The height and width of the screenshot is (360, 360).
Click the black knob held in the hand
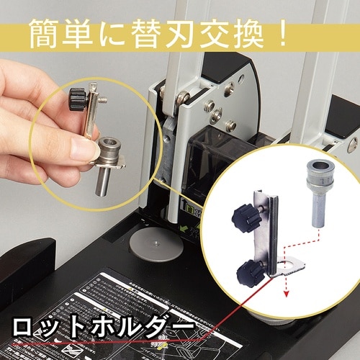(76, 96)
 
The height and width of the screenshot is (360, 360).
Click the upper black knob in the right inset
(243, 215)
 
